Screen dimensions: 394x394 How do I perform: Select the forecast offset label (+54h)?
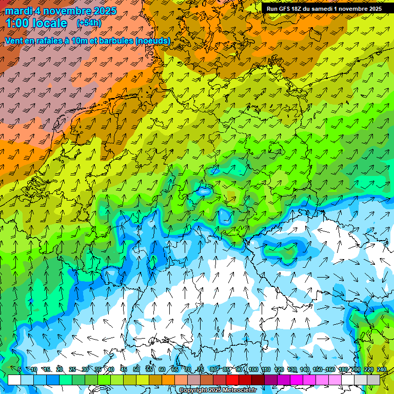pos(88,23)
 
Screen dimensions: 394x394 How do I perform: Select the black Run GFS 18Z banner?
pos(324,9)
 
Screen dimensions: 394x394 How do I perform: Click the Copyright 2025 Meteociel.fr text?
pos(218,390)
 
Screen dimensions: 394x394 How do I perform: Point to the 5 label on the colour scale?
pos(19,370)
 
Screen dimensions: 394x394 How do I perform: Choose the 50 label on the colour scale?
pos(136,370)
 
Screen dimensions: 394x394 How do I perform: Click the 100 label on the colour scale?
pos(253,370)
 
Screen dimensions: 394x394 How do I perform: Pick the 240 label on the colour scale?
pos(382,370)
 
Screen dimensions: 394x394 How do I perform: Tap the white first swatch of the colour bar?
pos(14,380)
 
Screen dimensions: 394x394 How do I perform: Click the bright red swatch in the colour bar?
pos(232,380)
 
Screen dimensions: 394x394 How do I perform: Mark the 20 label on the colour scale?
pos(59,370)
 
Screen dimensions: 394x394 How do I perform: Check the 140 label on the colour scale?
pos(305,370)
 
